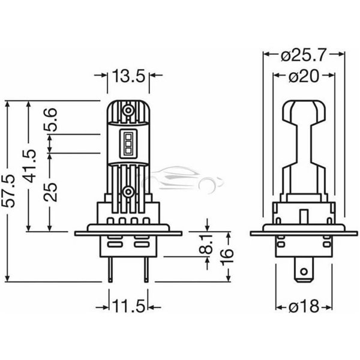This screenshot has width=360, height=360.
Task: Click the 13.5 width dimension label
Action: click(x=128, y=76)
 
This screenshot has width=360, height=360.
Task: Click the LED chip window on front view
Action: click(x=127, y=142)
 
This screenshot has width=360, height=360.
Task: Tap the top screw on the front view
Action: click(x=127, y=111)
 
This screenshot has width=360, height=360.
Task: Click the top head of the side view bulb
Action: click(x=304, y=111)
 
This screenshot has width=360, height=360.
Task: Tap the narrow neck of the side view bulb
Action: click(x=304, y=150)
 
